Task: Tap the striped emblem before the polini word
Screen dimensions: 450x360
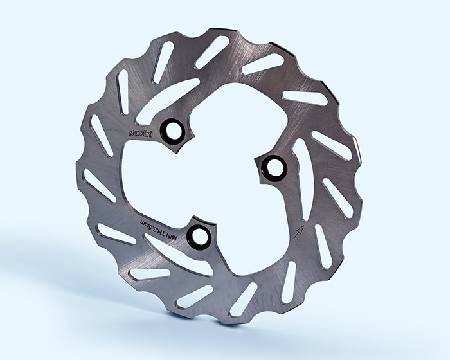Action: (x=132, y=134)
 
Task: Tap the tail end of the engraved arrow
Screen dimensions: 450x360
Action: (x=294, y=238)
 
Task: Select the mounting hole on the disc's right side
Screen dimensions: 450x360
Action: (x=274, y=166)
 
